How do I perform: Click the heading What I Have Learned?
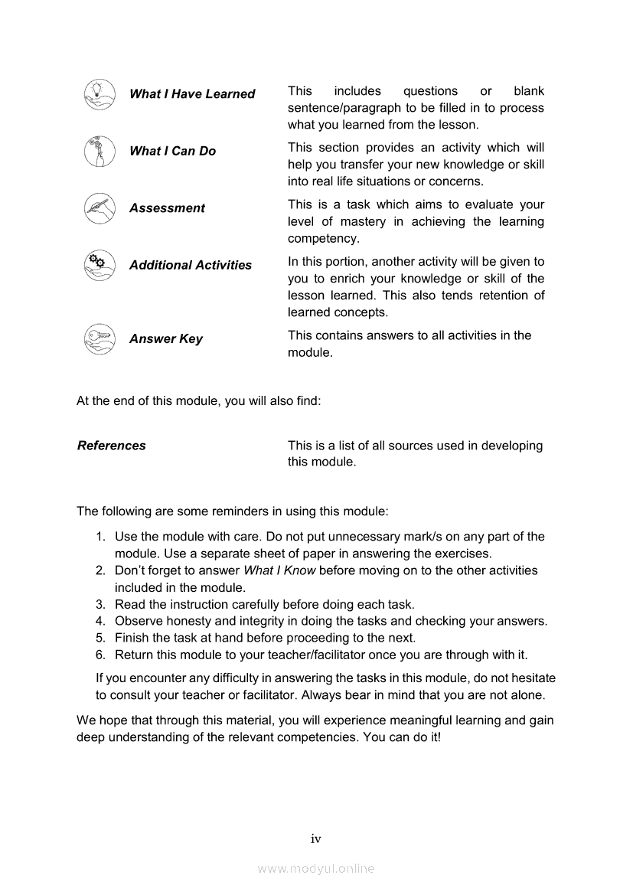click(x=192, y=94)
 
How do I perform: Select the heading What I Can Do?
click(x=172, y=151)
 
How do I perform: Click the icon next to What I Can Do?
click(x=100, y=150)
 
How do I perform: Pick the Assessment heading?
click(x=167, y=208)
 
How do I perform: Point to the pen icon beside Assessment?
click(x=100, y=207)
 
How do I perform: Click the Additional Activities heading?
click(x=190, y=265)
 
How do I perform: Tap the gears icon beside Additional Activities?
click(x=100, y=264)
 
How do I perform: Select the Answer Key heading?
click(x=165, y=339)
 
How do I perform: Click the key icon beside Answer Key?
click(x=100, y=338)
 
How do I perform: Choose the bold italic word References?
click(x=111, y=446)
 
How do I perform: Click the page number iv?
click(x=315, y=839)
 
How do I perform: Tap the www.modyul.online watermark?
click(x=316, y=868)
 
